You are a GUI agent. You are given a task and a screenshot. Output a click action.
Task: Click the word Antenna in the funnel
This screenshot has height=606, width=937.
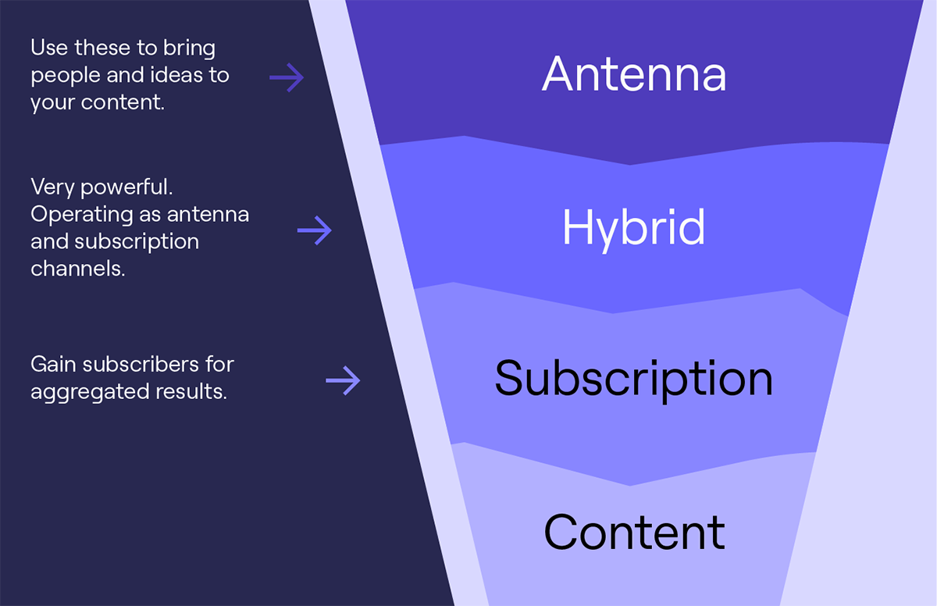click(634, 73)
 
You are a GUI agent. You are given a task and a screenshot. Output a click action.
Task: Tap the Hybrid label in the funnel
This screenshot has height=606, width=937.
click(634, 230)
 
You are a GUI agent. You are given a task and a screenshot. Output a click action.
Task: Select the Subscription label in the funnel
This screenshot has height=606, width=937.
click(634, 380)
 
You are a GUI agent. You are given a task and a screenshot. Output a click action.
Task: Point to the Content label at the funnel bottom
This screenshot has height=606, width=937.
click(634, 533)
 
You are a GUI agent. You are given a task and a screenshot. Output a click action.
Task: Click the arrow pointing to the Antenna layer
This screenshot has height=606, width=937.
click(287, 77)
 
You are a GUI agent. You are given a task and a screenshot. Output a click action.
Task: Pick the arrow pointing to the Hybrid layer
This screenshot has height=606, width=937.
click(315, 230)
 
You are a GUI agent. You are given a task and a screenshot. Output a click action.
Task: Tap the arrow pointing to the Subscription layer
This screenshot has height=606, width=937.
click(343, 380)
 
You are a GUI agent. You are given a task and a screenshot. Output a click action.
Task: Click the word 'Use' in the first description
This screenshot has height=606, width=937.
click(49, 48)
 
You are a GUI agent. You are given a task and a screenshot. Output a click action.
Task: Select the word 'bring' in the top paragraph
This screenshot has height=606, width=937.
click(190, 50)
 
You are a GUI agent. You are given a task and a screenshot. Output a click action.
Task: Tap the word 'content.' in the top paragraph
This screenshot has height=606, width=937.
click(123, 102)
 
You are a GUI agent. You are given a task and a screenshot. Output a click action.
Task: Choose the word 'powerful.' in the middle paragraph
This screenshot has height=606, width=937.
click(126, 187)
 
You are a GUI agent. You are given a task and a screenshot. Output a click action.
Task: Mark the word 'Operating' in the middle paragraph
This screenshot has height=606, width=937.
click(81, 216)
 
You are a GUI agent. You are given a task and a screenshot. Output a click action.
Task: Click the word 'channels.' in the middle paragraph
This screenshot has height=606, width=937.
click(78, 268)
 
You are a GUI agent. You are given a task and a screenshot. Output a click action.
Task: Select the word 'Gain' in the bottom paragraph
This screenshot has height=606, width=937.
click(53, 364)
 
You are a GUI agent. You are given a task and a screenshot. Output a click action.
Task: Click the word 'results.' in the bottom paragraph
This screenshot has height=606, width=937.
click(191, 391)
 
